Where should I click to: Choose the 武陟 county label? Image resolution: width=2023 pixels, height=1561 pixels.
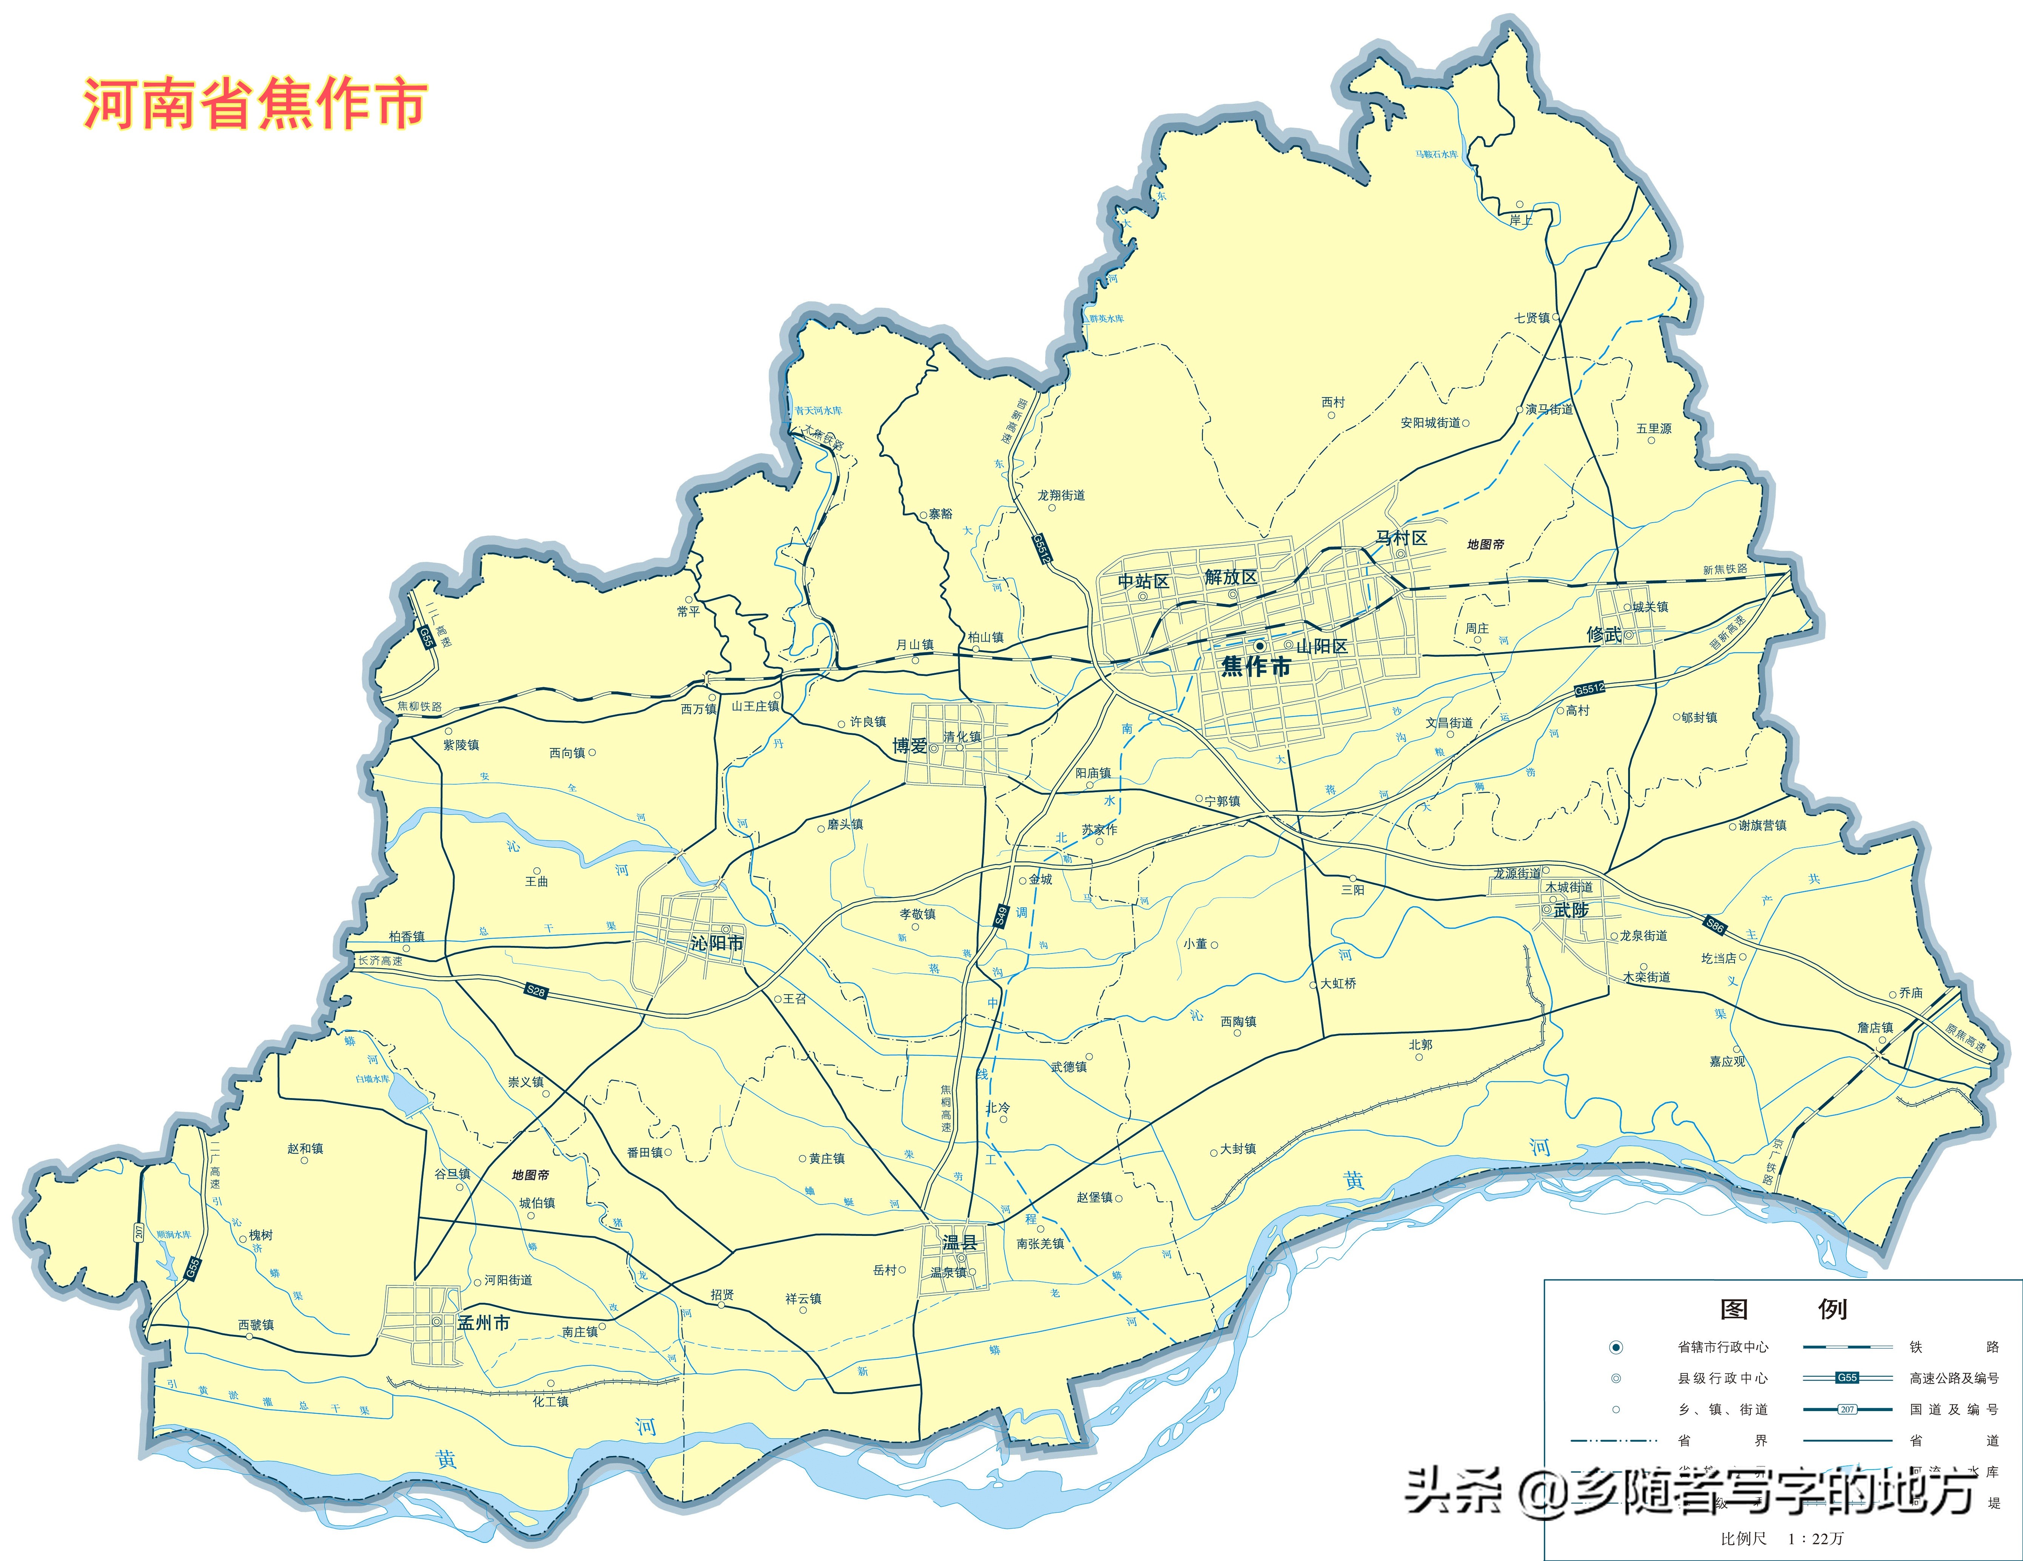(x=1571, y=911)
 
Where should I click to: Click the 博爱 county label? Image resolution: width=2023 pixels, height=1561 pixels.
(x=910, y=746)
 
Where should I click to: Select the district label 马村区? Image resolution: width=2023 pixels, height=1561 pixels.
(x=1400, y=538)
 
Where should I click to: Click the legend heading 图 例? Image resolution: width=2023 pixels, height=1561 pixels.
(x=1783, y=1309)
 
